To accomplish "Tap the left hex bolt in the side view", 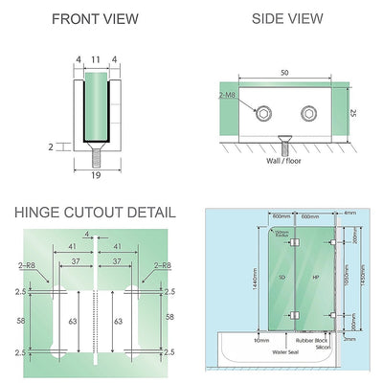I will click(261, 115).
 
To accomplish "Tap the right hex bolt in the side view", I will click(309, 115).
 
